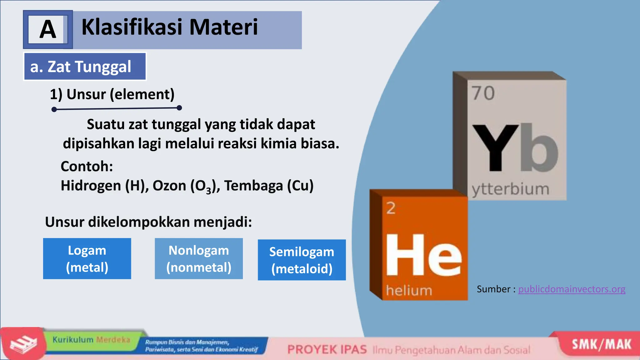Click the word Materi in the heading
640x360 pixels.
[x=223, y=27]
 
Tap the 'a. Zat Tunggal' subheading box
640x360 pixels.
[x=85, y=67]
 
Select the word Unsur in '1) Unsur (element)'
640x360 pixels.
[x=86, y=94]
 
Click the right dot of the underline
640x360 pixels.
[x=179, y=108]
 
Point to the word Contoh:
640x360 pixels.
[x=87, y=166]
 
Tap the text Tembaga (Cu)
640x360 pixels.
[x=269, y=186]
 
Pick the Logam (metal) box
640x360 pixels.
[x=87, y=259]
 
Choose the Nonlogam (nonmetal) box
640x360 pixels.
[x=199, y=259]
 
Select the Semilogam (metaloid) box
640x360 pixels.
[x=302, y=260]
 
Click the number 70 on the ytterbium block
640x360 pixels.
[x=483, y=93]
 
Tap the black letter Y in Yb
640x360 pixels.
[x=495, y=147]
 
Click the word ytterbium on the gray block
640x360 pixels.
[x=510, y=189]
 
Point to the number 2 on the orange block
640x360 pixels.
[x=391, y=208]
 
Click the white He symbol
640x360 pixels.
[x=423, y=255]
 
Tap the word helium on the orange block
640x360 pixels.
[x=409, y=291]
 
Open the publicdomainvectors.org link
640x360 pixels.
[x=572, y=289]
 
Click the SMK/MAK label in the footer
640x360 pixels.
[x=601, y=344]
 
